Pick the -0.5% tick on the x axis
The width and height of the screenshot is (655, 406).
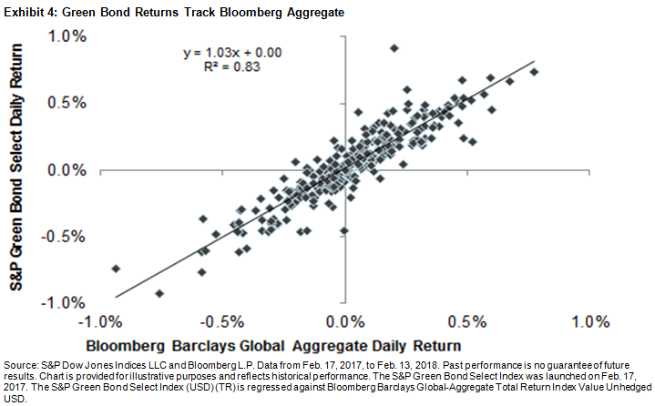(223, 321)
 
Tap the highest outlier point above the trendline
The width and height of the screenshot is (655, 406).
(394, 47)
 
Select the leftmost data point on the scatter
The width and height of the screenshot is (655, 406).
(116, 269)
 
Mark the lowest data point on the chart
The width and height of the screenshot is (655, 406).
(159, 293)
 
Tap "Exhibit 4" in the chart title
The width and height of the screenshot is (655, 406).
(29, 9)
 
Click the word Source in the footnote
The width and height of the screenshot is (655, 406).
(20, 362)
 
